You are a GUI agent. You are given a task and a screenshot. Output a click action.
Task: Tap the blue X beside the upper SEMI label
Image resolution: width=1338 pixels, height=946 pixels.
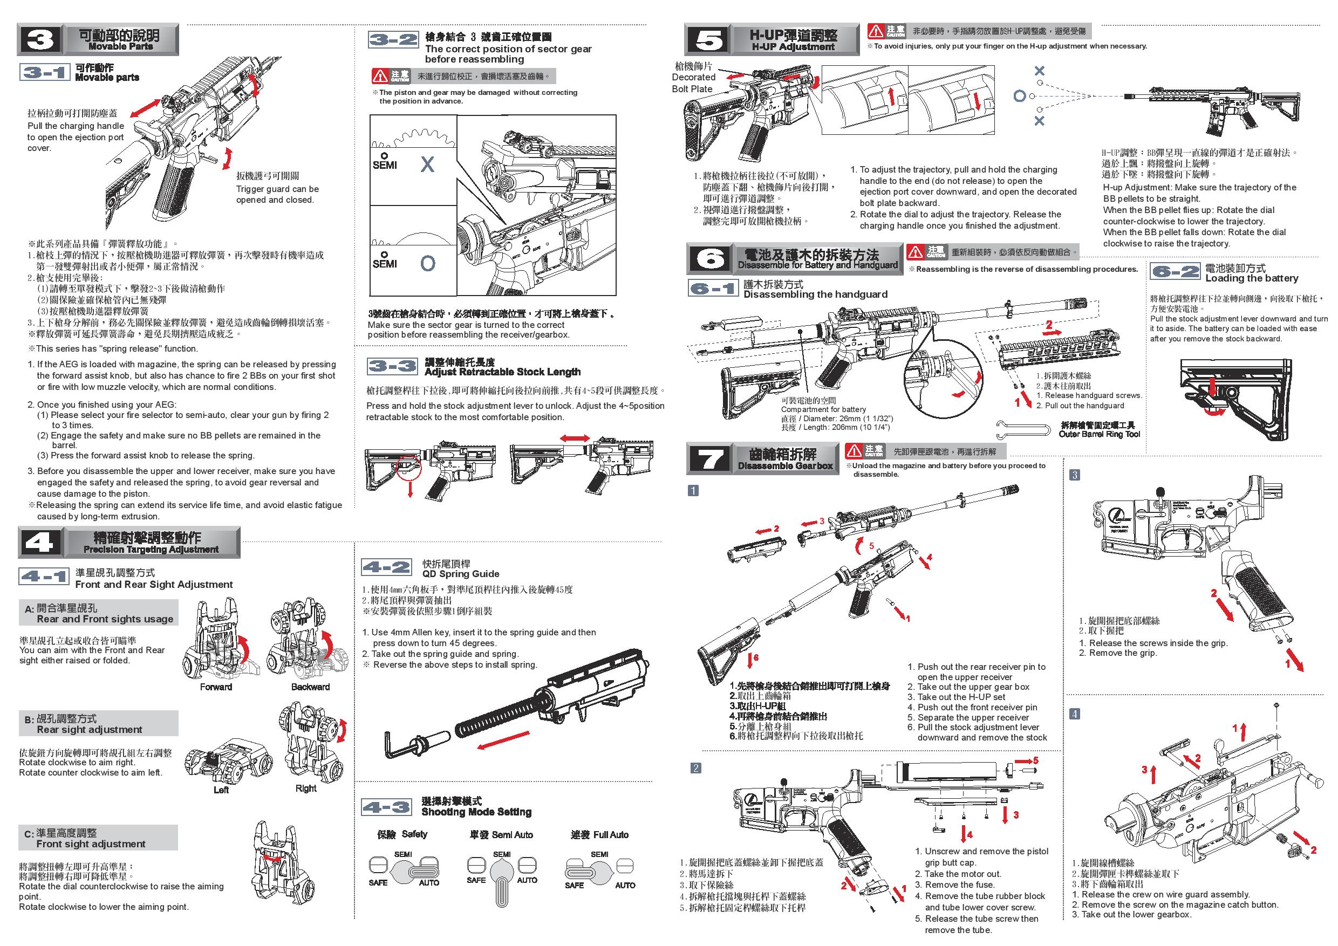[x=427, y=165]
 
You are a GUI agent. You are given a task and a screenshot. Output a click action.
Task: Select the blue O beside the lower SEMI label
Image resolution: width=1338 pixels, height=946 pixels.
[x=428, y=264]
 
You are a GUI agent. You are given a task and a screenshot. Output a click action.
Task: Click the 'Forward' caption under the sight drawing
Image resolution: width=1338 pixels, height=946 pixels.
[x=216, y=687]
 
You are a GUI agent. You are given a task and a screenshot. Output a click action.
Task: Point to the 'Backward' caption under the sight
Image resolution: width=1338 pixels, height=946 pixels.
[x=310, y=687]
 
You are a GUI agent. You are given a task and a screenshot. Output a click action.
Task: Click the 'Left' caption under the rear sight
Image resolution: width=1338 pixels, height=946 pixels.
[x=221, y=790]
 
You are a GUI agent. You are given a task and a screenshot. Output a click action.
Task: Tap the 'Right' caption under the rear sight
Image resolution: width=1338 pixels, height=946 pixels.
[x=305, y=788]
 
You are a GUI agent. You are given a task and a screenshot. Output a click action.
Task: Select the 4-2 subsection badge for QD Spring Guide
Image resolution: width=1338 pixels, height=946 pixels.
[x=386, y=567]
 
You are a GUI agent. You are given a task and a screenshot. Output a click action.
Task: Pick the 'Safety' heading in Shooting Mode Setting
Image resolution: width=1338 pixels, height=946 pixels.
[x=402, y=834]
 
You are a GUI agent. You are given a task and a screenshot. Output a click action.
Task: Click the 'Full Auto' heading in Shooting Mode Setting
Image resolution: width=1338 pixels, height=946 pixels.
[x=599, y=835]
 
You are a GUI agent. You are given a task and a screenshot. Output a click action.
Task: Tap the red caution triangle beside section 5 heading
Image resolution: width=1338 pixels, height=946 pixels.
[x=876, y=30]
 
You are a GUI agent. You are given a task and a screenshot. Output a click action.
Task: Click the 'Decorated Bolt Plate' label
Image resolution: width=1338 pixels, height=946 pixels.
[x=693, y=78]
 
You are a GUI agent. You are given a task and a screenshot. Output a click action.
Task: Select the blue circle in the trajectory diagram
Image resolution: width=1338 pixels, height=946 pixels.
[x=1019, y=96]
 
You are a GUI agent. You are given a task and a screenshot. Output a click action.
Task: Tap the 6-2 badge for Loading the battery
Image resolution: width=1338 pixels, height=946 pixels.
[x=1175, y=272]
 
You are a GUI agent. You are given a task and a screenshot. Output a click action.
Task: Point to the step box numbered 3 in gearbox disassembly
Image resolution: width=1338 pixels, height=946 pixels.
[x=1075, y=475]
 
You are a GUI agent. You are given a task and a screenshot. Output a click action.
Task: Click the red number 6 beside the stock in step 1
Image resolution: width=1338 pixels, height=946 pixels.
[x=756, y=657]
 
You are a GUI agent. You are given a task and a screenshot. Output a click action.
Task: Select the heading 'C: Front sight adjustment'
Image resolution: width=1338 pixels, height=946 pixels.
[x=98, y=838]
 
